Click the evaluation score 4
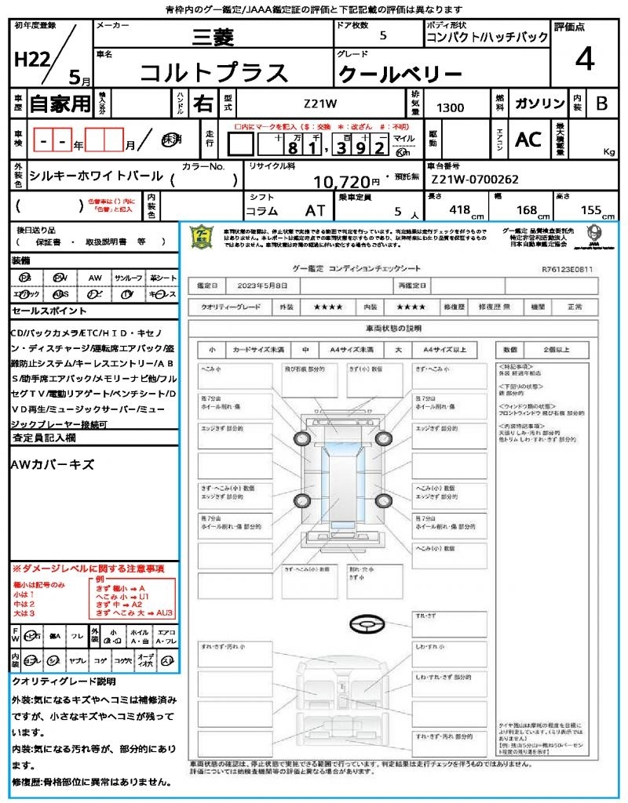tap(584, 60)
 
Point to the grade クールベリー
tap(400, 74)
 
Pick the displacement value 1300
tap(450, 107)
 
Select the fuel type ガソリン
tap(539, 104)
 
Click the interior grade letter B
tap(601, 104)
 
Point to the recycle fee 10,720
tap(341, 182)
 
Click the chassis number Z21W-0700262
tap(475, 180)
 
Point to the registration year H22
tap(31, 60)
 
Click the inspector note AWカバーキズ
tap(52, 465)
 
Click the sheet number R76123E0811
tap(567, 269)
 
